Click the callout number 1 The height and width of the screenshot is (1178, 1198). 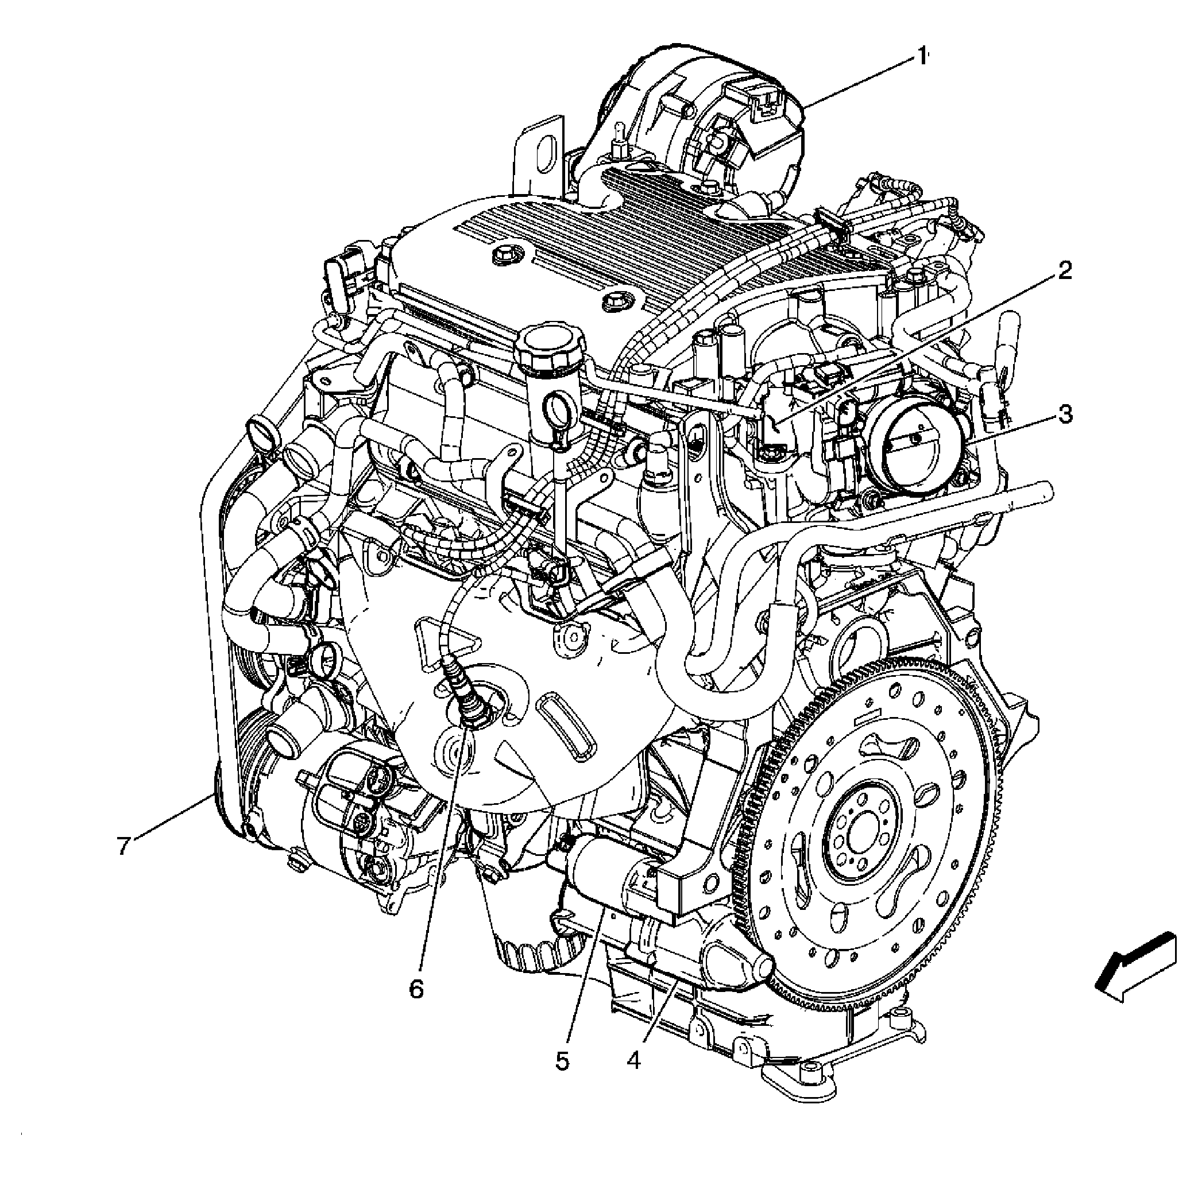[921, 57]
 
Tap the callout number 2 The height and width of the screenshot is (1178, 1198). [1064, 271]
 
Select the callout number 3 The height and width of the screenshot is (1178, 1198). [1065, 414]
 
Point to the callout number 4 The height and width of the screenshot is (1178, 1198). [632, 1060]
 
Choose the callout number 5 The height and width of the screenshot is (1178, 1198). [561, 1060]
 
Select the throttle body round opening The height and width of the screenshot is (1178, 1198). [917, 446]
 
